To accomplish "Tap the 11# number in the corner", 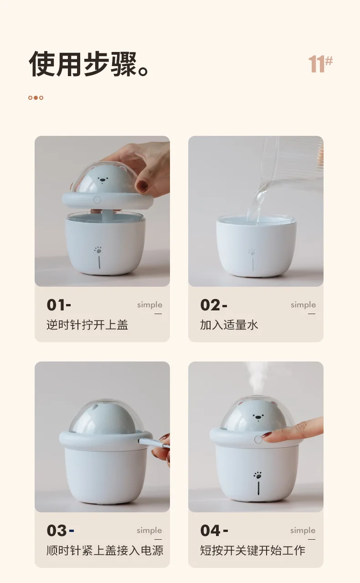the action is [320, 63].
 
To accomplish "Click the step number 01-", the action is [59, 305].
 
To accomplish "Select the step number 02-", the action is [214, 305].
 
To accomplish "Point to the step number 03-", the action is [60, 531].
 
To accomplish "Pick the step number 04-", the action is [214, 531].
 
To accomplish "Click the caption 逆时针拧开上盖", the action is [87, 325].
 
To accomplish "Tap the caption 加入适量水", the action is [229, 325].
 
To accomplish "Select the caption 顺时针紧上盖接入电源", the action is [105, 551].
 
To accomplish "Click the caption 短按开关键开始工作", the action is [252, 551].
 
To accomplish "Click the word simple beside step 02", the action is [303, 305].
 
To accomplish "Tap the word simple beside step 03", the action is [149, 531].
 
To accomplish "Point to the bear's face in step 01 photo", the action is [103, 180].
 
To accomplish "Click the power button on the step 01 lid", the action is [97, 200].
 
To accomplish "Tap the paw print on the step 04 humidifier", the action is [257, 475].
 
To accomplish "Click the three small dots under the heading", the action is [36, 98].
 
